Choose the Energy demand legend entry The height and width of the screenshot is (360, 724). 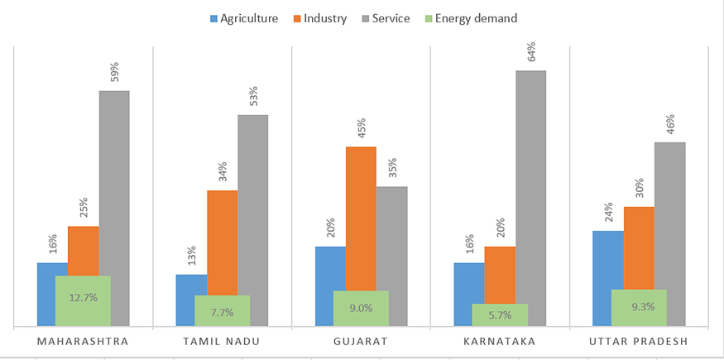(469, 17)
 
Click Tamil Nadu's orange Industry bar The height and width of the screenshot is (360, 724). (222, 240)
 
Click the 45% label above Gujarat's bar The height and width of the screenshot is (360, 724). (361, 129)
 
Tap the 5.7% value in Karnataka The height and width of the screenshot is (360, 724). (500, 314)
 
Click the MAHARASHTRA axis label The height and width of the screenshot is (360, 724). (83, 341)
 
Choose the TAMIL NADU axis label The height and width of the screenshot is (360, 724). (222, 341)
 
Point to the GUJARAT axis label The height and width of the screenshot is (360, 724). (361, 341)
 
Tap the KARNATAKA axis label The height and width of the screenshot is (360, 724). (500, 341)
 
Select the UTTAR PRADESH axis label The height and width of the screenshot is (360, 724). (639, 341)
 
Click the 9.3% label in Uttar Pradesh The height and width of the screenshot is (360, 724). (639, 307)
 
